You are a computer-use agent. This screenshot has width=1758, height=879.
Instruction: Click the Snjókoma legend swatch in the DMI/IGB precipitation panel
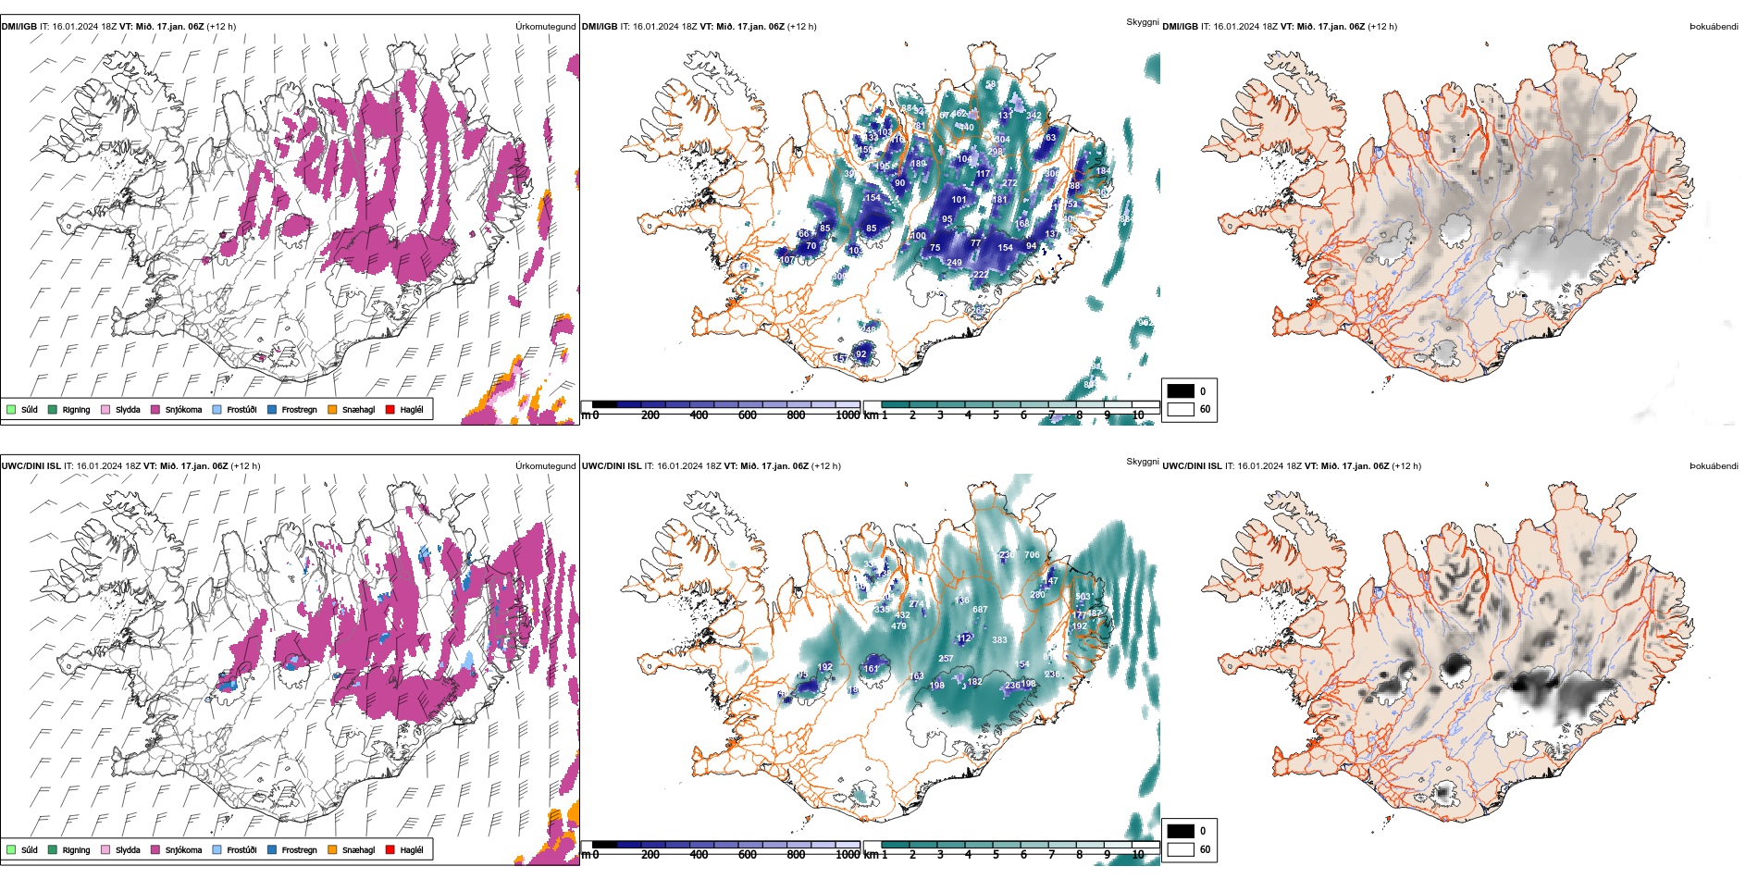point(155,409)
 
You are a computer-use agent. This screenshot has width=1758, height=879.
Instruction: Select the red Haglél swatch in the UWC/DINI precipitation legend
point(390,849)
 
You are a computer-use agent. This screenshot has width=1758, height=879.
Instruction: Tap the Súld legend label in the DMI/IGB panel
point(30,410)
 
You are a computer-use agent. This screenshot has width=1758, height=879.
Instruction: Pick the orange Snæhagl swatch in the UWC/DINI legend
point(332,849)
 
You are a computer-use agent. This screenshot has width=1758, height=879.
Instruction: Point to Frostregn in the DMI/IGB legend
point(299,410)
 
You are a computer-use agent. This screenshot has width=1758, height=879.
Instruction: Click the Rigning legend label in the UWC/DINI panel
point(76,850)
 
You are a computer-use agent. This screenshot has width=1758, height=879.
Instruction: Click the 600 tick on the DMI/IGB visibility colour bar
point(748,415)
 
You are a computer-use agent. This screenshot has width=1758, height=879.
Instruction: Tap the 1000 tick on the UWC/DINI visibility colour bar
point(848,855)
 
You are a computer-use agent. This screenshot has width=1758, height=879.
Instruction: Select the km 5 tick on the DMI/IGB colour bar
point(996,415)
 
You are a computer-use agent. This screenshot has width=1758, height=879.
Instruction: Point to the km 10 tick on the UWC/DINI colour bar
point(1138,855)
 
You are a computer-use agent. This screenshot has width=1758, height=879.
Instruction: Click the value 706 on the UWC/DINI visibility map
point(1032,555)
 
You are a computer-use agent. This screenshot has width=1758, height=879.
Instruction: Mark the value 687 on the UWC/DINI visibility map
point(980,610)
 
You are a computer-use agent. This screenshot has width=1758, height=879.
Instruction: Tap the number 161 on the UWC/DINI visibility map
point(872,668)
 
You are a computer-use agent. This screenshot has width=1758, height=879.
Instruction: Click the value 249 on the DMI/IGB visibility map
point(954,263)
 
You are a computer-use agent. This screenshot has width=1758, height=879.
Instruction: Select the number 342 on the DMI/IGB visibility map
point(1034,116)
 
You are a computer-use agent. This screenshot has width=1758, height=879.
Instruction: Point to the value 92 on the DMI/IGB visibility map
point(861,354)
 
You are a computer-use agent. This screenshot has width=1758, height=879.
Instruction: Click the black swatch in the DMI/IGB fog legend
point(1181,390)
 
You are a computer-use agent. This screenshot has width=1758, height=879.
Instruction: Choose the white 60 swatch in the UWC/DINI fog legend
point(1181,849)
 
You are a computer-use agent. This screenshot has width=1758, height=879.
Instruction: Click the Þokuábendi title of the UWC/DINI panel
point(1714,466)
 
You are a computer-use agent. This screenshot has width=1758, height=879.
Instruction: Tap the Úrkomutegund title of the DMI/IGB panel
point(545,27)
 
